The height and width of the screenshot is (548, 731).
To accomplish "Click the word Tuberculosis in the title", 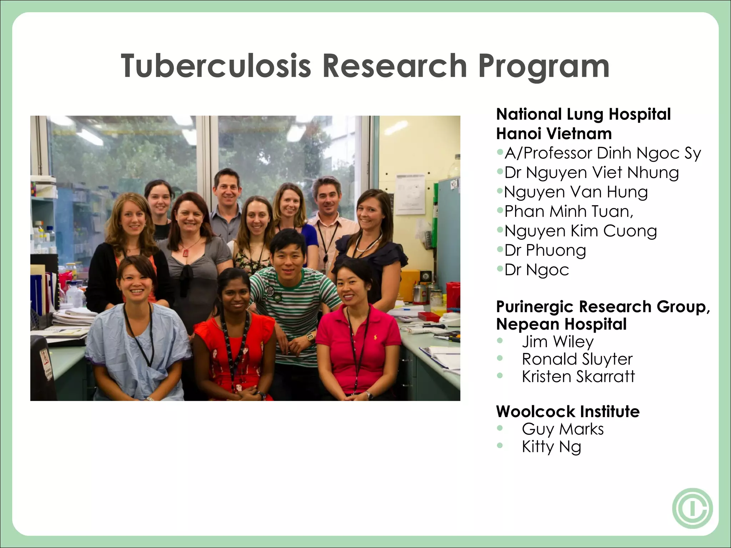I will point(216,66).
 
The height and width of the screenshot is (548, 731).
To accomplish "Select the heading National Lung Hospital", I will point(583,115).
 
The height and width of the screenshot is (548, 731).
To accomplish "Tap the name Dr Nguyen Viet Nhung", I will point(591,173).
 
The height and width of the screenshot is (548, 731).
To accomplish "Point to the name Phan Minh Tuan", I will point(569,212).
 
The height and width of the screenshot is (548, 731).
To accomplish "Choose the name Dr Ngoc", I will point(536,270).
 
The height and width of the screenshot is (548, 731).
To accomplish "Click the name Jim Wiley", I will point(558,342).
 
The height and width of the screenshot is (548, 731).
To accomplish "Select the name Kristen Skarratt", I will point(578,377).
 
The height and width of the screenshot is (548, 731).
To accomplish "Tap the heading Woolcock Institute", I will point(568,412).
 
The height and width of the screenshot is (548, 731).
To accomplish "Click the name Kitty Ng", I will point(551,447).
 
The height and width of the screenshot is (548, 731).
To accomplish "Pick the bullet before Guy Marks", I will point(500,428).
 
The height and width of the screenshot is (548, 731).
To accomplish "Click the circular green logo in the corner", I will point(692,508).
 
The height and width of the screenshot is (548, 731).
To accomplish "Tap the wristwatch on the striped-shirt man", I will point(310,336).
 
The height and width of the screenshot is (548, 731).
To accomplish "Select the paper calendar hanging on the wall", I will point(410,194).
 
